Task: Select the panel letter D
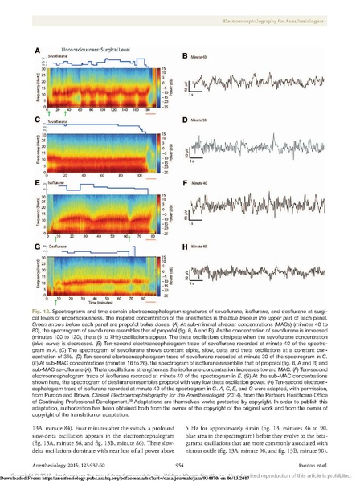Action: coord(184,120)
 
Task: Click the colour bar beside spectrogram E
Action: coord(153,214)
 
